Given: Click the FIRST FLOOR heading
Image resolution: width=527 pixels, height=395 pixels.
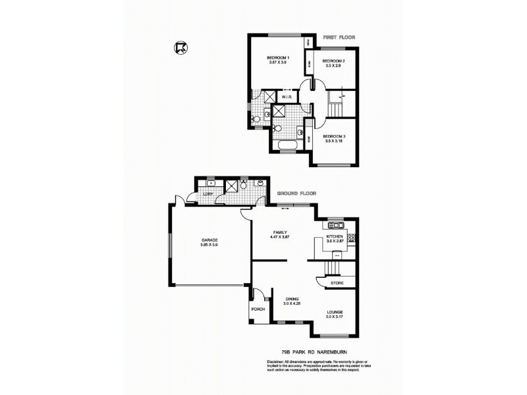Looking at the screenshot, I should pyautogui.click(x=339, y=38).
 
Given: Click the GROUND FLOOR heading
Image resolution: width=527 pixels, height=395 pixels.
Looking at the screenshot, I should pyautogui.click(x=296, y=194).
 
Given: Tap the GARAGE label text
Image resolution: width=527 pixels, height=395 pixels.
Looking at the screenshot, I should pyautogui.click(x=209, y=240).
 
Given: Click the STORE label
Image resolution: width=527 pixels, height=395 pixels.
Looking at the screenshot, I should pyautogui.click(x=337, y=282).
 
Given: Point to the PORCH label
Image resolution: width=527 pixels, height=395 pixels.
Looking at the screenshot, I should pyautogui.click(x=257, y=308).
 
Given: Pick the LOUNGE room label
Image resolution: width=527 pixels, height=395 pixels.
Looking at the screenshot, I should pyautogui.click(x=334, y=311).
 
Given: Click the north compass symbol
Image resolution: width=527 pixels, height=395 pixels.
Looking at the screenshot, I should pyautogui.click(x=179, y=47).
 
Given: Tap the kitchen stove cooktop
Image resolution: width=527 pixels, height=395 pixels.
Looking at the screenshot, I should pyautogui.click(x=352, y=238).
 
